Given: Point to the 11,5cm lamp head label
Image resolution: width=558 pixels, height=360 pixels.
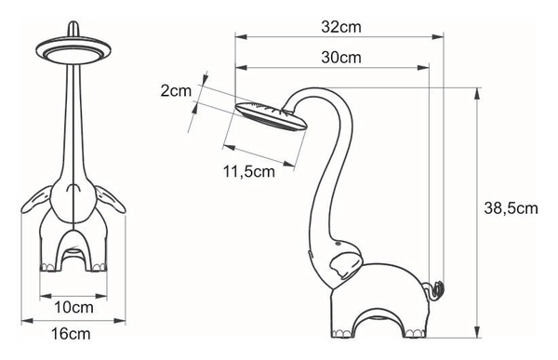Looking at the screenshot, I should point(250,170).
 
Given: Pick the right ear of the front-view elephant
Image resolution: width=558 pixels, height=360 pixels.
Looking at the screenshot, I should point(107,199).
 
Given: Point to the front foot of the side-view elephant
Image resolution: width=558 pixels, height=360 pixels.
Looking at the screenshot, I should point(340,333).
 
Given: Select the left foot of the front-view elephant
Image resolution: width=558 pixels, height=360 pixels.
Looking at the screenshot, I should point(49,268).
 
